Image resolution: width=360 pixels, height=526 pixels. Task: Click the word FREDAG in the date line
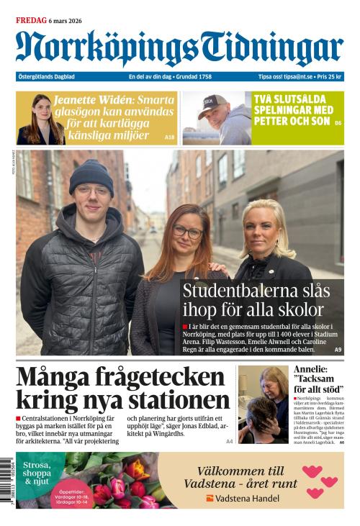pos(30,21)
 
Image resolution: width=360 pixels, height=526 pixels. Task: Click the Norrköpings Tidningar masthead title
pos(179,49)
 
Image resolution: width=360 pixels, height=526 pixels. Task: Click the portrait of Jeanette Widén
pos(41,119)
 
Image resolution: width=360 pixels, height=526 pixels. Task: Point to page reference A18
pos(169,137)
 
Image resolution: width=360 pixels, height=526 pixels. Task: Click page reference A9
pos(338,350)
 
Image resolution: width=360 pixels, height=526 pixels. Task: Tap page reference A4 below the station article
pos(229,441)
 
